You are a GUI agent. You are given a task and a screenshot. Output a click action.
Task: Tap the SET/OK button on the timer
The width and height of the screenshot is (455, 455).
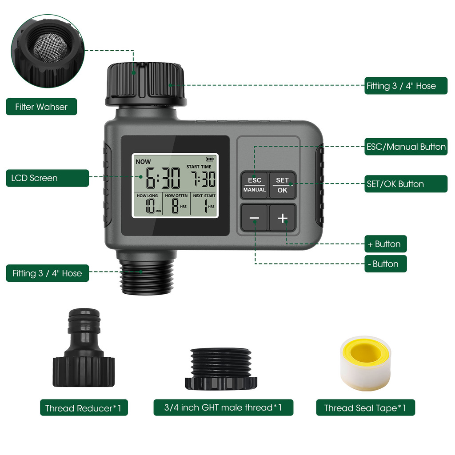point(282,185)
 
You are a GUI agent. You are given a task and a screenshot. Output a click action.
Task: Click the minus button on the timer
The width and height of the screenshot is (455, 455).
point(254,218)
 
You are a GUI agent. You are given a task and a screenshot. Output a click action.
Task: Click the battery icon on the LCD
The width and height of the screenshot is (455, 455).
point(209,159)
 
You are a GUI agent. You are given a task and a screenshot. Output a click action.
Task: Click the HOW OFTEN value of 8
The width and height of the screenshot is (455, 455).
point(175,207)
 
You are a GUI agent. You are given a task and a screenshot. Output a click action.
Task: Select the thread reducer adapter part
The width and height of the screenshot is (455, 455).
point(84,349)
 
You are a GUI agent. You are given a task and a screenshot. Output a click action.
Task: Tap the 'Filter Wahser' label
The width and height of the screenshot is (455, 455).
point(41,107)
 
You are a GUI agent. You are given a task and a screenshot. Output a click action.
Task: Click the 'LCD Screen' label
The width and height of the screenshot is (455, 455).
point(35,178)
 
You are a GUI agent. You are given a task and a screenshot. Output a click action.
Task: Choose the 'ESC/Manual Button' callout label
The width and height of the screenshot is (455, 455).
point(405,147)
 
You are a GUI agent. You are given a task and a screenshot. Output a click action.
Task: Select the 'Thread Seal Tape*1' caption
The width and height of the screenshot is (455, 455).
point(365,408)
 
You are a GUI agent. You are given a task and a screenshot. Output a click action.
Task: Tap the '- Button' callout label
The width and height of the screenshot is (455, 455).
point(385,264)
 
